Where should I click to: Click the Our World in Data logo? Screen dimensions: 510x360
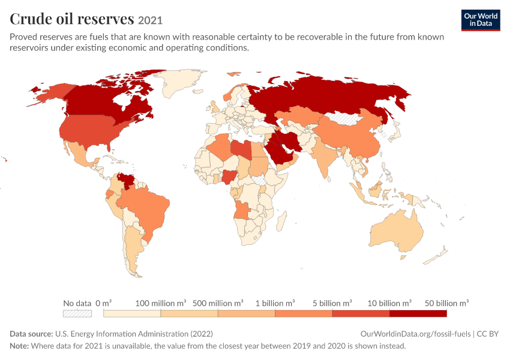coord(481,20)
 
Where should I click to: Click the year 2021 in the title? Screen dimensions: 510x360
coord(150,20)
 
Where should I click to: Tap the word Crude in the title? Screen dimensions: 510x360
coord(31,19)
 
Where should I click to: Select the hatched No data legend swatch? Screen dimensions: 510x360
coord(77,313)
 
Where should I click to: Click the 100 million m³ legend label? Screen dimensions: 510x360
coord(161,303)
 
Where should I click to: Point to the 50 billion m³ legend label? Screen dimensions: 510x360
coord(446,303)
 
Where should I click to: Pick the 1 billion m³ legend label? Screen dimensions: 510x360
coord(275,303)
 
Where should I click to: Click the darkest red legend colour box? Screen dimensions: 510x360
coord(418,313)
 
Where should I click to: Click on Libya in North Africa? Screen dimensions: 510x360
coord(241,149)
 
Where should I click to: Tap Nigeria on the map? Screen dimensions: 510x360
coord(230,176)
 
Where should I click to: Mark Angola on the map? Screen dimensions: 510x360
coord(241,211)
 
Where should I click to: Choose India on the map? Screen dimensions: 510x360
coord(323,156)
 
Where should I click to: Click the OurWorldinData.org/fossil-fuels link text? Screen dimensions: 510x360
coord(415,334)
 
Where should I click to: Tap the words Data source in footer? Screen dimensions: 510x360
coord(31,334)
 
